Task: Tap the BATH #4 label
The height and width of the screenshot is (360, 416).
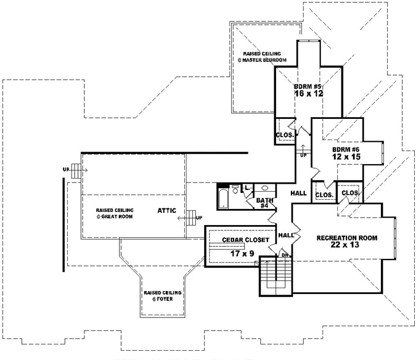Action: [264, 202]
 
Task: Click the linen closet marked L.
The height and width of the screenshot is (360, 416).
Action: [247, 188]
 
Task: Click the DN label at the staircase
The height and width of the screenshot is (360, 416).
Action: [285, 255]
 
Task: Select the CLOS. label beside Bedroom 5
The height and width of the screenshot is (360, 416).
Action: [285, 136]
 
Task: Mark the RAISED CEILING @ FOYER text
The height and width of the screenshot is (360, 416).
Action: [163, 296]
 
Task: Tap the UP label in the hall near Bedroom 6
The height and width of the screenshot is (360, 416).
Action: [302, 155]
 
